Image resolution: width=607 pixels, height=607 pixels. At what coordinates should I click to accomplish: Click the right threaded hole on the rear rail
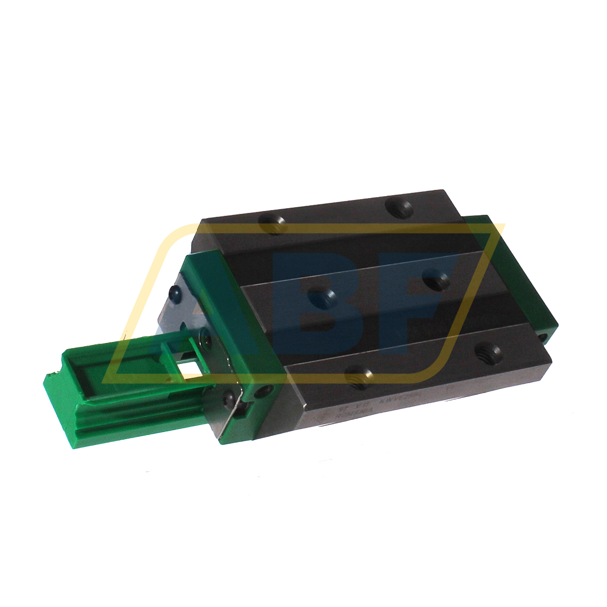tap(399, 209)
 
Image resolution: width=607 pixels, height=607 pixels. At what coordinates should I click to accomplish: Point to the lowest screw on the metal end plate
tap(230, 396)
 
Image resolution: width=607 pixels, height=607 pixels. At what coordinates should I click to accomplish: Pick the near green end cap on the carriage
tap(235, 336)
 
